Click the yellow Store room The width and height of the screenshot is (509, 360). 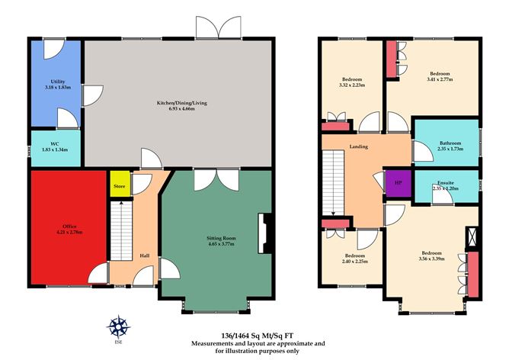(120, 184)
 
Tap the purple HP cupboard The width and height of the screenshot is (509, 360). (399, 183)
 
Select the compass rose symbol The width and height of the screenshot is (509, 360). (118, 326)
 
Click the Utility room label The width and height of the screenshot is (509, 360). (58, 82)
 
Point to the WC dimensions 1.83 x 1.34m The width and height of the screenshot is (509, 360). (55, 149)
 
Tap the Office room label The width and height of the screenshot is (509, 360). (69, 227)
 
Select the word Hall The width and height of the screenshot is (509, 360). (145, 256)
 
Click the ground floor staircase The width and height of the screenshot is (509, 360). (121, 230)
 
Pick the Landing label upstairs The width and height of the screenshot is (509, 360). (359, 146)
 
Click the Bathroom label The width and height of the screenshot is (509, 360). (450, 143)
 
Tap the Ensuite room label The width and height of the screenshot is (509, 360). (445, 182)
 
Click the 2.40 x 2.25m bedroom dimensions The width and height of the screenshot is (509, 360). (355, 262)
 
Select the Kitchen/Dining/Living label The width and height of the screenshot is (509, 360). (182, 103)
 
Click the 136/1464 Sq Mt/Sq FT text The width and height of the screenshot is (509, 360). (258, 336)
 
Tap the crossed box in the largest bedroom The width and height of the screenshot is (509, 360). (472, 236)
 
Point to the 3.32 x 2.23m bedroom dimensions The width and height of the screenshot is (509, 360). (352, 85)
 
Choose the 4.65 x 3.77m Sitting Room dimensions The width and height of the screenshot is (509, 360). (221, 243)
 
